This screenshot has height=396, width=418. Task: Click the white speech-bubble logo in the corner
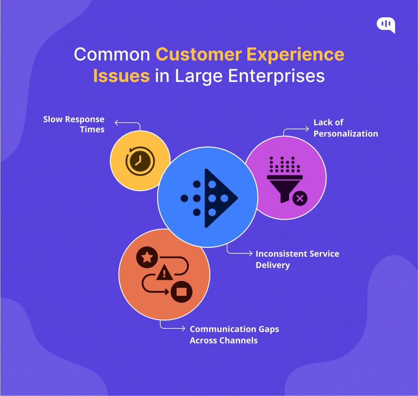pos(386,25)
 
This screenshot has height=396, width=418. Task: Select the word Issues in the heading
pos(121,76)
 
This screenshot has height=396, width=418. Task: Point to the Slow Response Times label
pos(74,124)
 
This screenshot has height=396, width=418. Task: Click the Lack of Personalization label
pos(345,128)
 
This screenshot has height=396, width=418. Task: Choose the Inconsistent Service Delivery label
pos(297,259)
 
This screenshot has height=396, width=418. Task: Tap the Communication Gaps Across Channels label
pos(234,335)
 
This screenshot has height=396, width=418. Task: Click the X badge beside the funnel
pos(299,198)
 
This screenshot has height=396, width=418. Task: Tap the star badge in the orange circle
pos(147,257)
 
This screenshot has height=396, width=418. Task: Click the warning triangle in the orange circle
pos(164,273)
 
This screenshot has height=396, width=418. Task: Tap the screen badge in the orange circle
pos(181,292)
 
